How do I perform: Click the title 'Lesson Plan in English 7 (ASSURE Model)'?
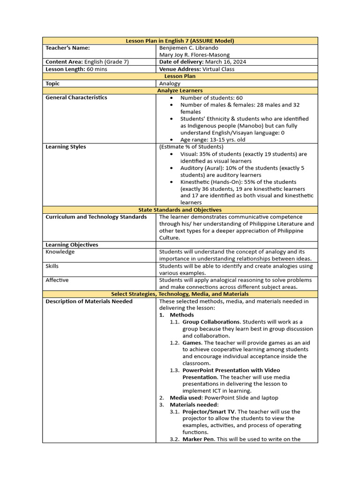pos(180,41)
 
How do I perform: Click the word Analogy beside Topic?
pos(170,83)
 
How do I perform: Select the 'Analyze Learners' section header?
pos(180,90)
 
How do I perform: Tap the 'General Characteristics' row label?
pos(76,97)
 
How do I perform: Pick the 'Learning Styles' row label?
pos(66,147)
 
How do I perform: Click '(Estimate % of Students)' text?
pos(191,147)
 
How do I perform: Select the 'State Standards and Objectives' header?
pos(180,210)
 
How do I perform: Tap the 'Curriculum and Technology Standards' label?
pos(96,217)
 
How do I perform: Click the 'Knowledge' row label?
pos(60,252)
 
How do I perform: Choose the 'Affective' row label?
pos(57,280)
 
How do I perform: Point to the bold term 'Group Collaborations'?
pos(211,322)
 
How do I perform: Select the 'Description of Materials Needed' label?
pos(89,301)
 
